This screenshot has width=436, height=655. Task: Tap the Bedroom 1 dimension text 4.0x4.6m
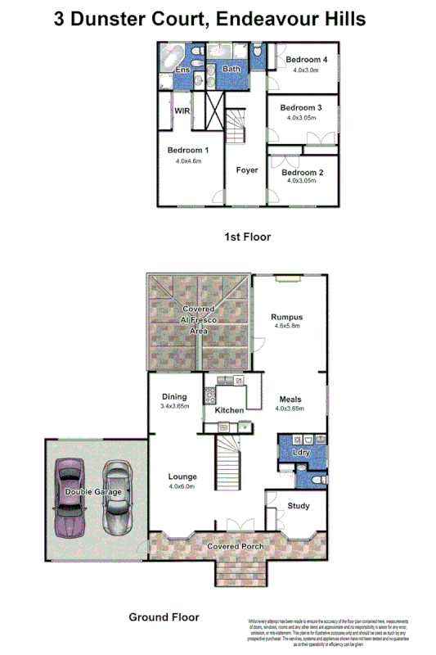point(188,161)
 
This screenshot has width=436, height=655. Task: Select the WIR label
point(182,110)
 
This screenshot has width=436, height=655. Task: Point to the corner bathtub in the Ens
point(173,58)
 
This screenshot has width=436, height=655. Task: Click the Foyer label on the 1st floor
point(246,170)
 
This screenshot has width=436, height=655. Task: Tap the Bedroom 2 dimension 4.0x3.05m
point(302,181)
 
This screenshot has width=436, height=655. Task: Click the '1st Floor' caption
point(247,237)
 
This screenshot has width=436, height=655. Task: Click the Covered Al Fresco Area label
point(197,320)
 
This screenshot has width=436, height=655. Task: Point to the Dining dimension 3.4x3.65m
point(175,405)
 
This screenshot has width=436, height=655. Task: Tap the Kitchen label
point(229,409)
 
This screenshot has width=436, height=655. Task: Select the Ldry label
point(301,452)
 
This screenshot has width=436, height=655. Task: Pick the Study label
point(299,506)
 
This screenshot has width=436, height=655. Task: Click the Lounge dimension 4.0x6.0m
point(182,487)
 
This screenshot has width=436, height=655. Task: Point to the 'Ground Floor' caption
point(164,617)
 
